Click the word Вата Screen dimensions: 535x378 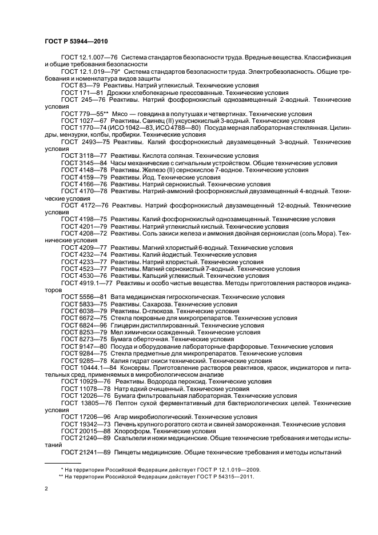coord(118,297)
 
